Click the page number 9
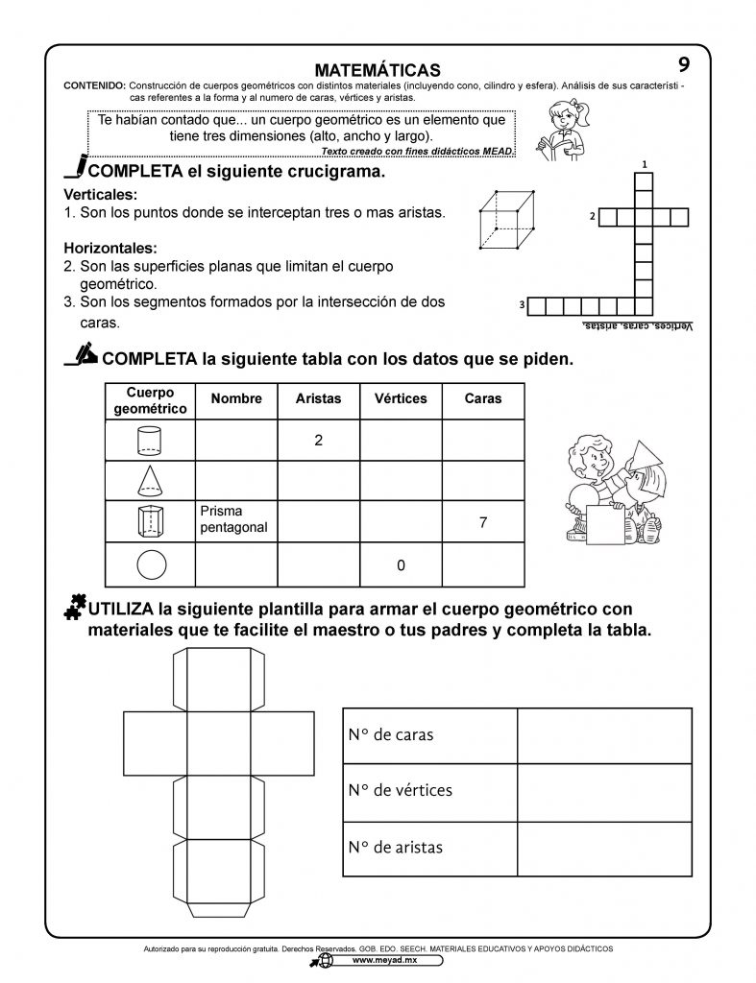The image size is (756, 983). click(x=683, y=64)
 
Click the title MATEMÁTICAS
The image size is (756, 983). click(x=378, y=70)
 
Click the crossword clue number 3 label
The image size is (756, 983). click(x=521, y=305)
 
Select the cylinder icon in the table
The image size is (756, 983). click(x=151, y=441)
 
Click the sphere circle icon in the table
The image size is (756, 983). click(x=151, y=564)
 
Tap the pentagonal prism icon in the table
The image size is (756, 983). click(x=151, y=521)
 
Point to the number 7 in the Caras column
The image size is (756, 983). click(x=482, y=523)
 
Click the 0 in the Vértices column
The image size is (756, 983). click(x=400, y=565)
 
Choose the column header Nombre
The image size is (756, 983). click(x=236, y=398)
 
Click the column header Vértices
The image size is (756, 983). click(x=400, y=398)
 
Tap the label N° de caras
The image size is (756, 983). click(x=391, y=735)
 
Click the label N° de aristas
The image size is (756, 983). click(x=396, y=848)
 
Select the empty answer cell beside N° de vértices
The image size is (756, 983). click(x=604, y=792)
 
